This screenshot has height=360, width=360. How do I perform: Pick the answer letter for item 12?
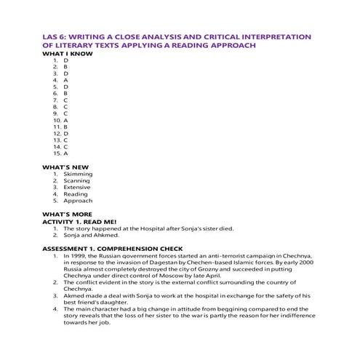click(x=65, y=134)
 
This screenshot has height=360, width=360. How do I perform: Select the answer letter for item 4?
click(x=65, y=80)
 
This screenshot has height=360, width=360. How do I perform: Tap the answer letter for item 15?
click(x=65, y=153)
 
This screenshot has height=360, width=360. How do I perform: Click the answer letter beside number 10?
click(x=65, y=120)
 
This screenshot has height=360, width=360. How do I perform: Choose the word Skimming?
click(x=78, y=175)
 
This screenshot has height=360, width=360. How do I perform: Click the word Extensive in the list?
click(x=78, y=188)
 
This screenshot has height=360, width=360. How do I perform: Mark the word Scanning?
click(x=78, y=181)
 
